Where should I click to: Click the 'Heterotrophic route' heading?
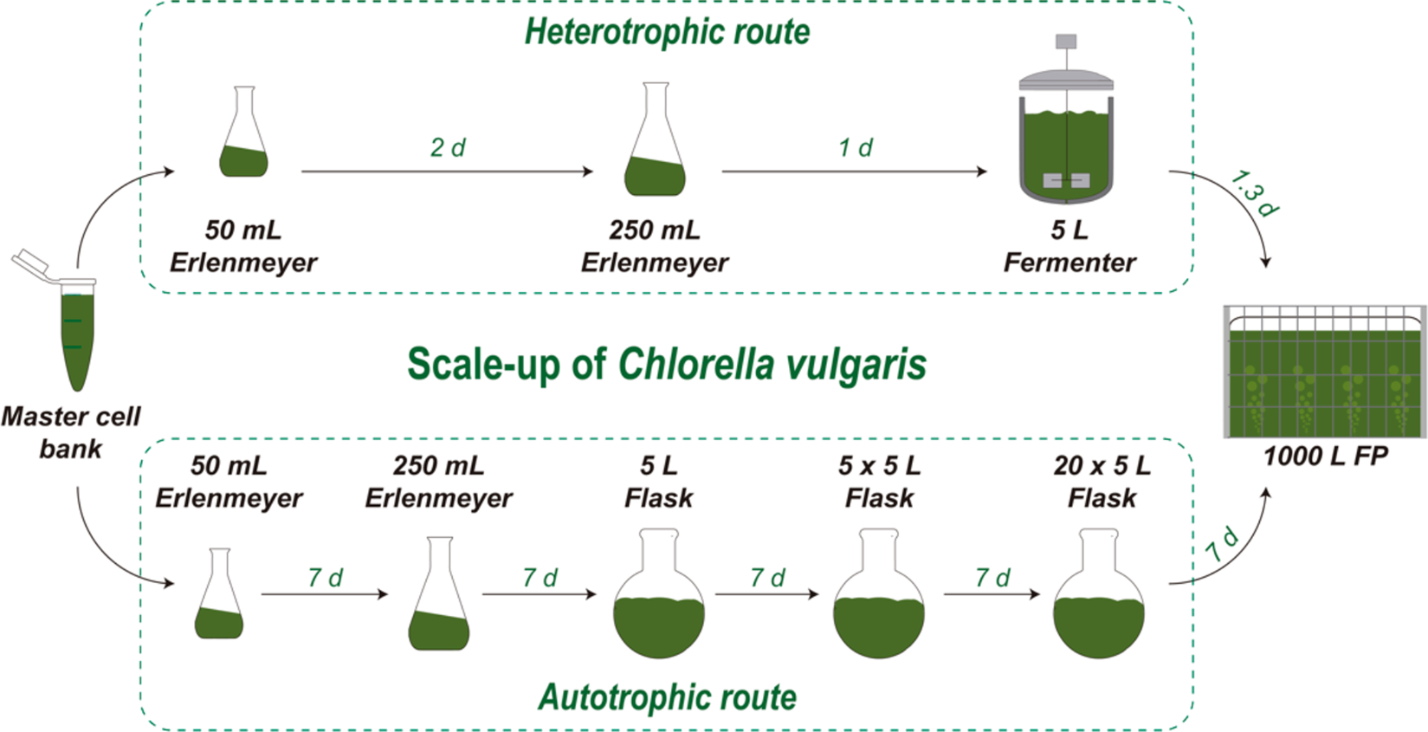(667, 32)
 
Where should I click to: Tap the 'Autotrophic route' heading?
(667, 696)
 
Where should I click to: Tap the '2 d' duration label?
(447, 148)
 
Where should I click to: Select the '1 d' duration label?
(855, 148)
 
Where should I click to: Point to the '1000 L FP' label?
(1325, 456)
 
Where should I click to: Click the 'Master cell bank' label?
(70, 432)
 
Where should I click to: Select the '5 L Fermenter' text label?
(1069, 246)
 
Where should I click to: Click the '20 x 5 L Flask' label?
(1102, 482)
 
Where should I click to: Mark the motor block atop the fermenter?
(1066, 41)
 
